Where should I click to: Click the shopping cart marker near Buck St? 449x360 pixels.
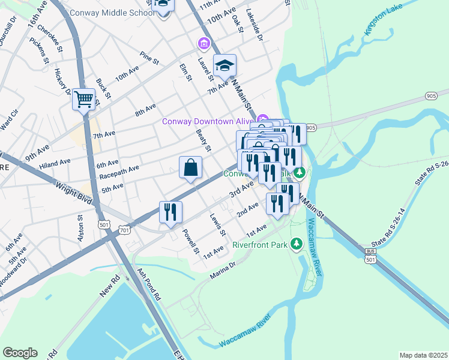click(84, 99)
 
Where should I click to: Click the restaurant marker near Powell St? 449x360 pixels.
click(170, 212)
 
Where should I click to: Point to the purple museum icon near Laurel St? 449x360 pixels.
click(203, 43)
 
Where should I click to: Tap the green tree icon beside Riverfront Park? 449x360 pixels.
click(295, 244)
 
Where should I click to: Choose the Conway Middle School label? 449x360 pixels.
click(112, 13)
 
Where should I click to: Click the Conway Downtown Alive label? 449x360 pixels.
click(206, 122)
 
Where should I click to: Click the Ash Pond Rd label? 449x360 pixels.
click(149, 284)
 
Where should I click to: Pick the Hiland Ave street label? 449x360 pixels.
click(55, 163)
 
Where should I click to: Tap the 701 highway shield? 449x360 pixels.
click(124, 230)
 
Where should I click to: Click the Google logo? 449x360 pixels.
click(20, 353)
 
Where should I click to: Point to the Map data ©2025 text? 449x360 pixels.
click(423, 355)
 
